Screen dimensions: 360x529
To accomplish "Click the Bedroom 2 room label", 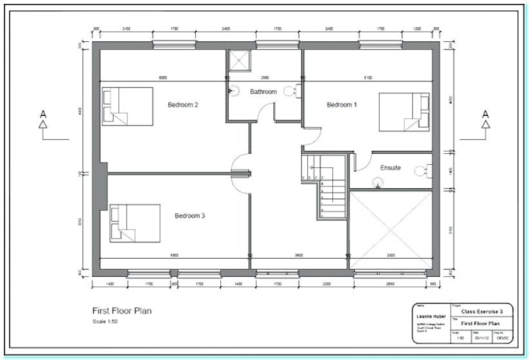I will coord(184,104).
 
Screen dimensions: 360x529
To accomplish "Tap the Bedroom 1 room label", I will coord(342,104).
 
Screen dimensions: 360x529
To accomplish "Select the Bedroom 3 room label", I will coord(190,215).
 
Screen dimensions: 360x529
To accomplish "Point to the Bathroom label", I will coord(263,92).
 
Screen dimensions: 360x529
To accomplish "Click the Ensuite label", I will coord(391,167).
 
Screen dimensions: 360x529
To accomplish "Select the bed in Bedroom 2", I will coord(127,107).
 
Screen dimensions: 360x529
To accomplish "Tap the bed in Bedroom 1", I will coord(404,113).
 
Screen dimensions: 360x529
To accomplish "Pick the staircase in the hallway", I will coord(324,187).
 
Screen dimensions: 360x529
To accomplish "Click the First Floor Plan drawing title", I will coord(122,311).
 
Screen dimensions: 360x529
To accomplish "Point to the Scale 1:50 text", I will coord(105,322).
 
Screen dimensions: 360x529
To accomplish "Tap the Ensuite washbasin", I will coord(378,183).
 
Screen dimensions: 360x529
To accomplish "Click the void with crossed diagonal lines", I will coord(391,230).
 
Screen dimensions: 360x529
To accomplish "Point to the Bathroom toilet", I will coord(291,92).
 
